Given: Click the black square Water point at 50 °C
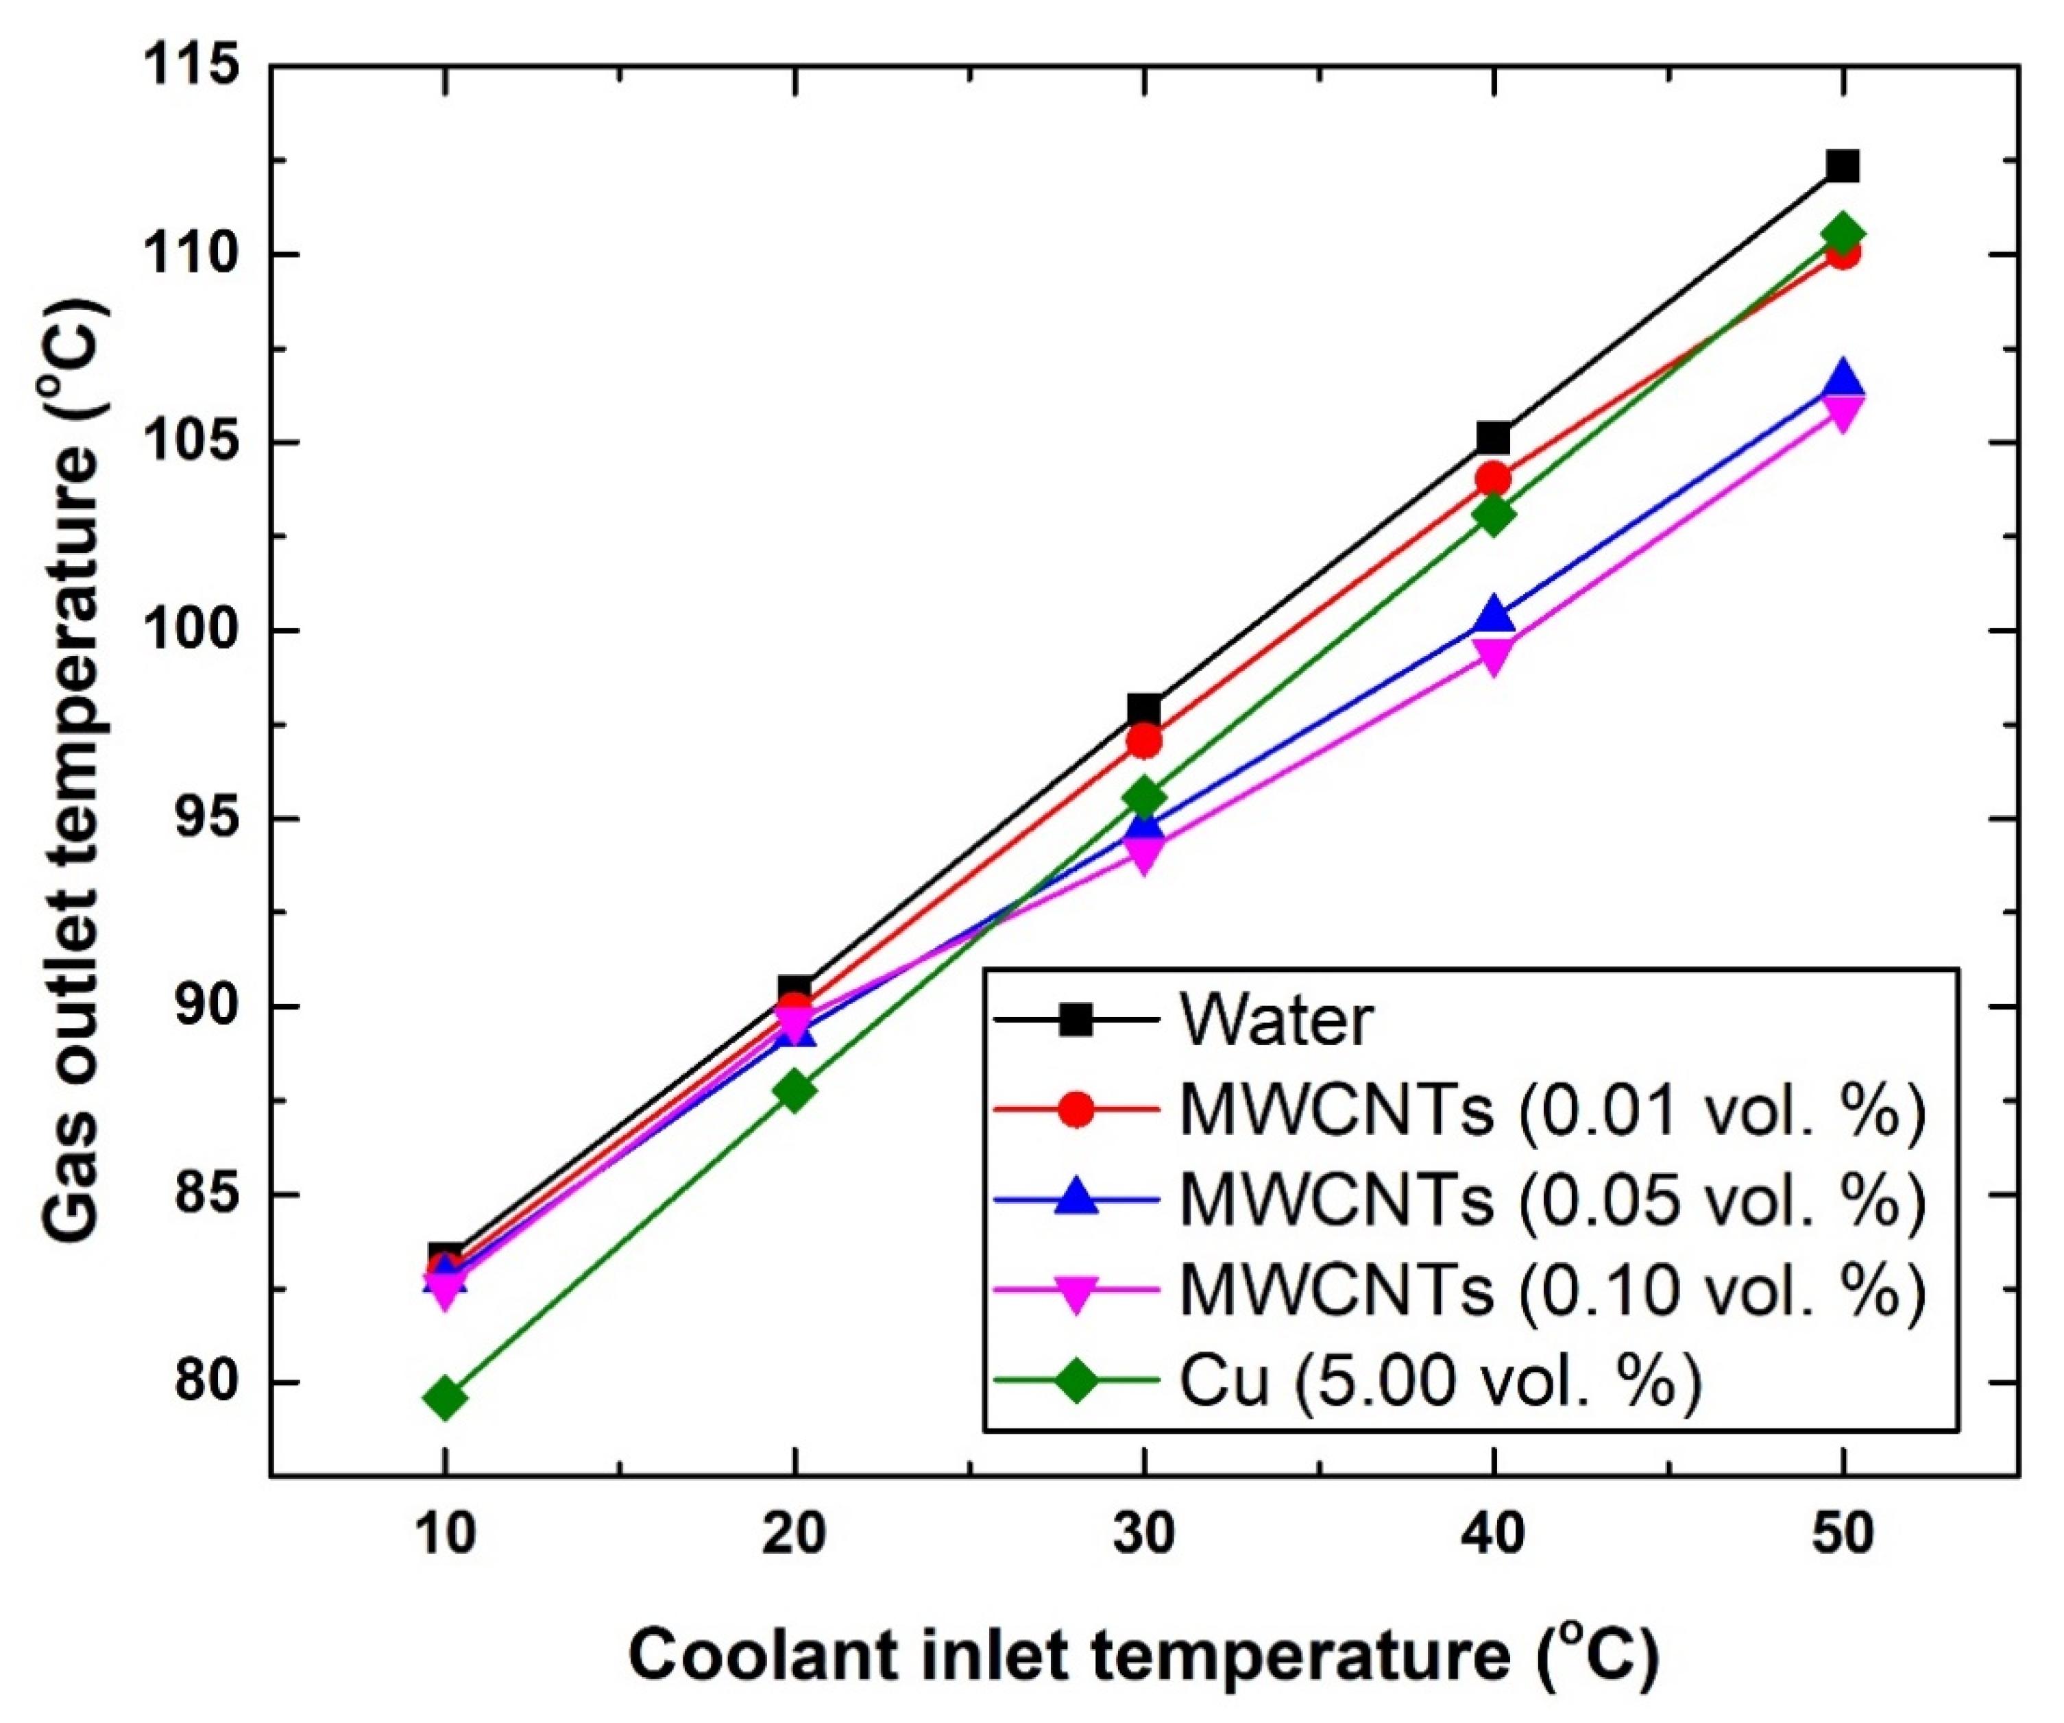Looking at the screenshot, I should tap(1843, 165).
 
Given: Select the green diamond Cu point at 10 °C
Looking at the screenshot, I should tap(446, 1397).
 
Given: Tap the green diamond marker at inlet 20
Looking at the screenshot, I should tap(795, 1090).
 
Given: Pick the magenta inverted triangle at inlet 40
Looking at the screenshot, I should tap(1493, 655).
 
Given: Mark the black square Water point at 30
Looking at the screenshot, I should tap(1143, 709).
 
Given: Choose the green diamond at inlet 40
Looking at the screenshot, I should tap(1493, 514).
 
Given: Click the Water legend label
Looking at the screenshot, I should tap(1276, 1021).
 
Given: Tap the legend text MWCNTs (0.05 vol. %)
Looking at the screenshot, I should tap(1552, 1200).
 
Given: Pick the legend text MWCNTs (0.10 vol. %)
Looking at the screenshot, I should tap(1552, 1290).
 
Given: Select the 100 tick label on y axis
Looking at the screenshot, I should tap(192, 631).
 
